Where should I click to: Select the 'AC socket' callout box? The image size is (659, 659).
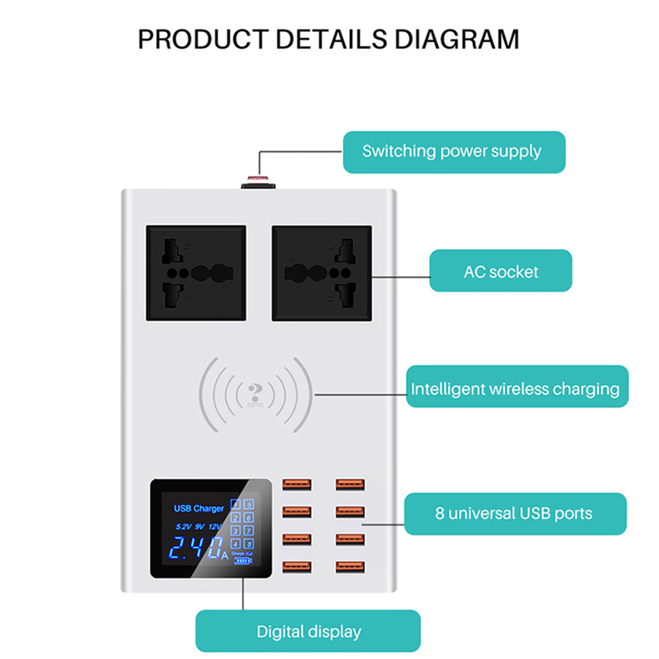point(501,271)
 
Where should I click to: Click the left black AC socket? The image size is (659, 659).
point(196,273)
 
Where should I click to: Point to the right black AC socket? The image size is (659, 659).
point(322,273)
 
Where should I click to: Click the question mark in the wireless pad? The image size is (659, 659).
point(258,392)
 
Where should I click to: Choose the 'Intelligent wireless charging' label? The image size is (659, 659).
point(516,389)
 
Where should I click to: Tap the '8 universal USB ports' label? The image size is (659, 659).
point(514,513)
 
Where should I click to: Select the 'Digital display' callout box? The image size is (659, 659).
point(308,632)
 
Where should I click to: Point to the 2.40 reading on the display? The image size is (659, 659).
point(193,547)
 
